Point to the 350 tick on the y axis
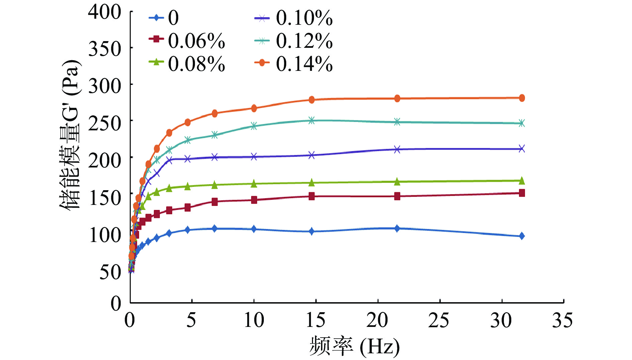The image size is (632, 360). click(x=105, y=49)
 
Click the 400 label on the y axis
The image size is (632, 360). click(x=105, y=12)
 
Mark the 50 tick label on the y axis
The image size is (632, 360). click(x=110, y=272)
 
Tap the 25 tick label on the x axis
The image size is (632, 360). click(x=439, y=320)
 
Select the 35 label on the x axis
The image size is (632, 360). click(x=562, y=320)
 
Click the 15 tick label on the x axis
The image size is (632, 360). click(x=315, y=320)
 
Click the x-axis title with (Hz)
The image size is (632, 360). click(x=354, y=346)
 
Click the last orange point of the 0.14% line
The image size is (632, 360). click(x=522, y=98)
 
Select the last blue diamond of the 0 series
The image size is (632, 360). click(x=522, y=236)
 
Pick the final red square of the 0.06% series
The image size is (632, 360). click(x=522, y=193)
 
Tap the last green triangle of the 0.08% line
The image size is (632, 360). click(x=522, y=181)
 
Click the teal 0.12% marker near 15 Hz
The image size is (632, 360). click(x=312, y=120)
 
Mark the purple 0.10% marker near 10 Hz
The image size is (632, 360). click(x=254, y=156)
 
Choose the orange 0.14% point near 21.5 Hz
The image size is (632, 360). click(x=397, y=98)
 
